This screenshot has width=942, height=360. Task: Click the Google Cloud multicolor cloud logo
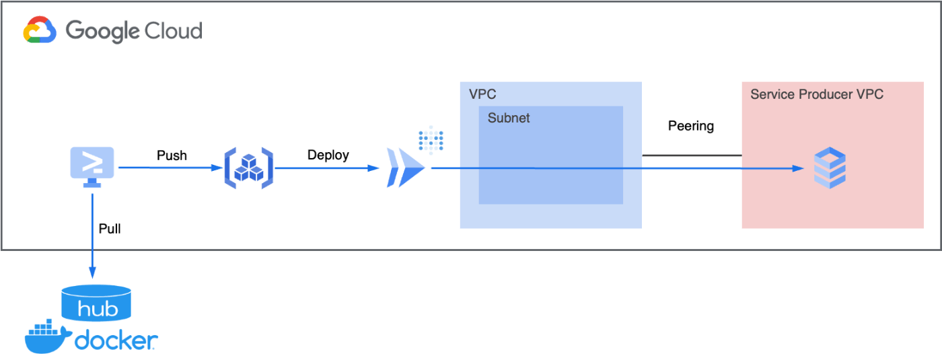coord(40,31)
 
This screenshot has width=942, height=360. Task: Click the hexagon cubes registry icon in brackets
coord(248,168)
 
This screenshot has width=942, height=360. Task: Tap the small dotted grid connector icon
coord(431,139)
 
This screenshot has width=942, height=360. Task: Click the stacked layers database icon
coord(830,169)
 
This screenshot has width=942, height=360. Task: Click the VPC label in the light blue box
coord(482,94)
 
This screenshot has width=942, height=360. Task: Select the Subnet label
coord(509,118)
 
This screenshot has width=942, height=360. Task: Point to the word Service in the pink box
coord(772,94)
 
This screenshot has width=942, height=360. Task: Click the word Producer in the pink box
coord(826,94)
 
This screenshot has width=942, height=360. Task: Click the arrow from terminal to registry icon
coord(168,168)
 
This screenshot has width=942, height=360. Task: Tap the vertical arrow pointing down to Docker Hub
coord(92,236)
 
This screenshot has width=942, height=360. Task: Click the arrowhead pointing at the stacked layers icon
coord(799,168)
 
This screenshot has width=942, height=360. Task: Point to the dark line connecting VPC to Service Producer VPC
coord(692,155)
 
